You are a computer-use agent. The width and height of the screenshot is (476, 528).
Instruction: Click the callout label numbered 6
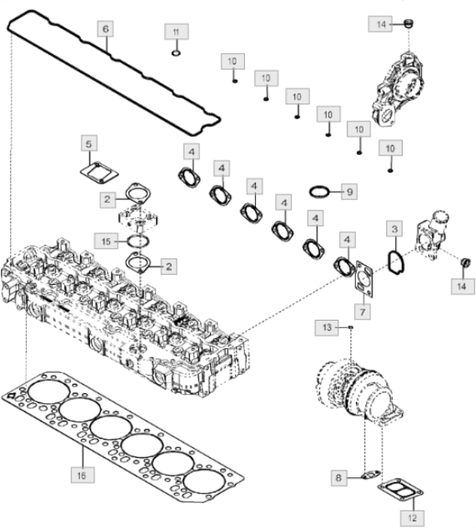click(106, 28)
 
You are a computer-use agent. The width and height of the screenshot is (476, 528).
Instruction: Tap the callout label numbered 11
click(176, 32)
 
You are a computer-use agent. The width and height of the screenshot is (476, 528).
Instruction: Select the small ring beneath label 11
click(176, 52)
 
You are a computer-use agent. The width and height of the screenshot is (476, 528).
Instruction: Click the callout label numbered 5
click(88, 143)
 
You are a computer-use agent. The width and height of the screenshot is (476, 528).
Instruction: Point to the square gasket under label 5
click(100, 172)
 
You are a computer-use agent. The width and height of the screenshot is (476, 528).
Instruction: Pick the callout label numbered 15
click(106, 242)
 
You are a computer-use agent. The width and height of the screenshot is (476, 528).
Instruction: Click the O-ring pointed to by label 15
click(138, 241)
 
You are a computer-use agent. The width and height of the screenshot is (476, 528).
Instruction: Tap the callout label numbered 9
click(349, 192)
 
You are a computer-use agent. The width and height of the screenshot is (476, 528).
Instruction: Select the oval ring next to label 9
click(319, 192)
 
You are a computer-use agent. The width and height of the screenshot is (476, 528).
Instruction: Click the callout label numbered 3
click(395, 229)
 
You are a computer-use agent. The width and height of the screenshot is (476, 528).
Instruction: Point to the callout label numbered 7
click(363, 311)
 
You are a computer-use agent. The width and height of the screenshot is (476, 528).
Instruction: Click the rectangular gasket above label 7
click(363, 279)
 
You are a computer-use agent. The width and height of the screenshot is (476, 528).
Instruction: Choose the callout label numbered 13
click(327, 327)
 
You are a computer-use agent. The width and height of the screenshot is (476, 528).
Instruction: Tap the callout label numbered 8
click(338, 477)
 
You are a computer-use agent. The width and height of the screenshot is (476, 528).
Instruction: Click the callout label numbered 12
click(413, 518)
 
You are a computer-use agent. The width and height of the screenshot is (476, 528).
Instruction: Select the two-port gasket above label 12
click(400, 491)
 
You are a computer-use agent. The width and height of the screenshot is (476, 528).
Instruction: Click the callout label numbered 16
click(82, 476)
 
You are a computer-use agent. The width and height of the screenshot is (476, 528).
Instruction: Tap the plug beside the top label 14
click(409, 23)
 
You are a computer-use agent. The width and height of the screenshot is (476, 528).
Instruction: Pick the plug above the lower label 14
click(466, 262)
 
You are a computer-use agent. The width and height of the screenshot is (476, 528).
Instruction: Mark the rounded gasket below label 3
click(396, 262)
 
